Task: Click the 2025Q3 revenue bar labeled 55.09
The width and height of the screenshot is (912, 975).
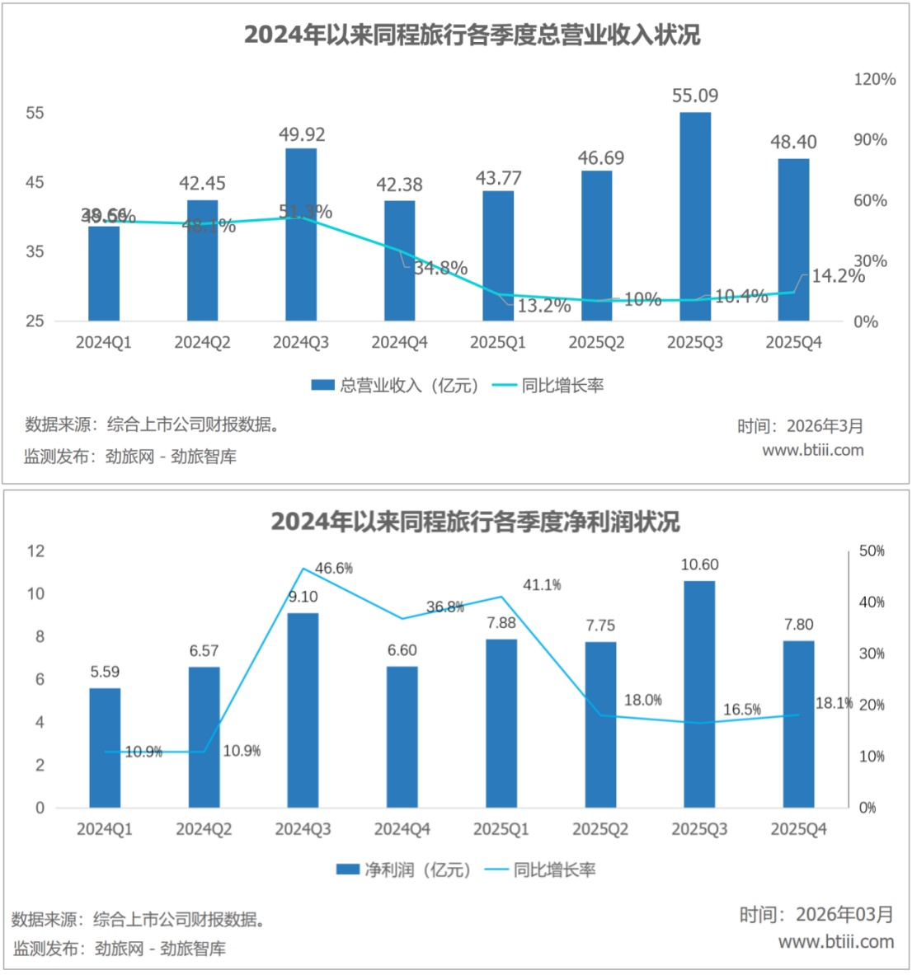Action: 695,217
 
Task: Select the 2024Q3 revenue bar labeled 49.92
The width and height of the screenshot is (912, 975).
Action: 301,234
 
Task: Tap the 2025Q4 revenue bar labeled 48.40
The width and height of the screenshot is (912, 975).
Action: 793,239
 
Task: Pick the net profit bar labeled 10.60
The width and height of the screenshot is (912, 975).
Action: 699,694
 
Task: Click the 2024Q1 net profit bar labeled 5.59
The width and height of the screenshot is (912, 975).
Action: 105,748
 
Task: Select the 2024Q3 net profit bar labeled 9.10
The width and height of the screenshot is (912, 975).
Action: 303,710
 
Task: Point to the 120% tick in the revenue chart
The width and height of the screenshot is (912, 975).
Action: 874,79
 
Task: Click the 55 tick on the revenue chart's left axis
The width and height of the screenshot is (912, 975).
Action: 35,113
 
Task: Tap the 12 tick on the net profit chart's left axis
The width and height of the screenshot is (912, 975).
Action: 35,551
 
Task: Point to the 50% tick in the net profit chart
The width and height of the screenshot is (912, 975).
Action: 872,551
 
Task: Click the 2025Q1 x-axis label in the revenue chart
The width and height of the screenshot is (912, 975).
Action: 498,342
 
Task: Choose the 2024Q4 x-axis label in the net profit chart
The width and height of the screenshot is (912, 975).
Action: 402,829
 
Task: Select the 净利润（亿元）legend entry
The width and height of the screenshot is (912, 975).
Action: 404,870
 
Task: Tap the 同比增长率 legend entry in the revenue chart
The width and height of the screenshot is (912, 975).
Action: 548,385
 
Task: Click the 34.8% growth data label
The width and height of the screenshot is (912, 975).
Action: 440,268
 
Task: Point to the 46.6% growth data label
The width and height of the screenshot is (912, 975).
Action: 334,568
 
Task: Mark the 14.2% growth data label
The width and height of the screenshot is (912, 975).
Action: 837,276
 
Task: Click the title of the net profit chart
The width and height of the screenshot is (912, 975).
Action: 475,522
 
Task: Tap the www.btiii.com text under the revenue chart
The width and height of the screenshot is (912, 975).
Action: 812,450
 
